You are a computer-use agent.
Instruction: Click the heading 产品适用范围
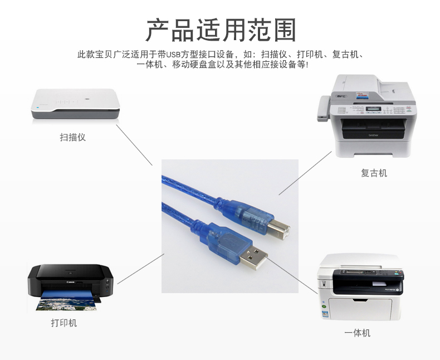click(x=221, y=30)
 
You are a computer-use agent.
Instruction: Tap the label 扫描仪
click(x=72, y=137)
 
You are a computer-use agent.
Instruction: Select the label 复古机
click(x=374, y=173)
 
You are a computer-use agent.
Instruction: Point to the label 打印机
click(x=64, y=323)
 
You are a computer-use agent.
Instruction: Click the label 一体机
click(x=357, y=333)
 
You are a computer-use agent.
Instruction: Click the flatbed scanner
click(x=76, y=104)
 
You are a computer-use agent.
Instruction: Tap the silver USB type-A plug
click(x=253, y=258)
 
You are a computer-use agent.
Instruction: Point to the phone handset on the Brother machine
click(x=323, y=109)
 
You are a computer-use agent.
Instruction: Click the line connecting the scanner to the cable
click(x=134, y=145)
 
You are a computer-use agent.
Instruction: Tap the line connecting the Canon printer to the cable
click(x=140, y=269)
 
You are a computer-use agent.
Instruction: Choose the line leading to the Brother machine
click(x=305, y=173)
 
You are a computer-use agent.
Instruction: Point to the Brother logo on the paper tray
click(x=373, y=135)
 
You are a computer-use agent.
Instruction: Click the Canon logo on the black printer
click(x=70, y=282)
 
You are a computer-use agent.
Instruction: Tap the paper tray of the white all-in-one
click(x=360, y=309)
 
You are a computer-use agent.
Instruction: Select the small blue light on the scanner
click(x=38, y=107)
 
